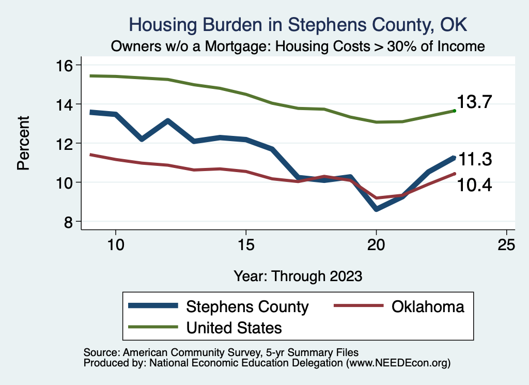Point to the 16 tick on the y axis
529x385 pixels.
(x=67, y=65)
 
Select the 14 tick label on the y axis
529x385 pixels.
(x=67, y=104)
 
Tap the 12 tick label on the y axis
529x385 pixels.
(x=67, y=143)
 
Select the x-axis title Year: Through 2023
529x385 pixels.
(x=298, y=275)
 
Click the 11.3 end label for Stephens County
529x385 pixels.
(x=475, y=160)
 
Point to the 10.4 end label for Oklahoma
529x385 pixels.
(x=475, y=184)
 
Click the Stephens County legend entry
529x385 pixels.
(x=247, y=306)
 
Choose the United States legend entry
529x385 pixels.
(x=234, y=327)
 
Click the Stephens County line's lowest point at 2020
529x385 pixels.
(x=377, y=209)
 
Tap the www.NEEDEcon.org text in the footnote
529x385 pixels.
(x=397, y=363)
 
